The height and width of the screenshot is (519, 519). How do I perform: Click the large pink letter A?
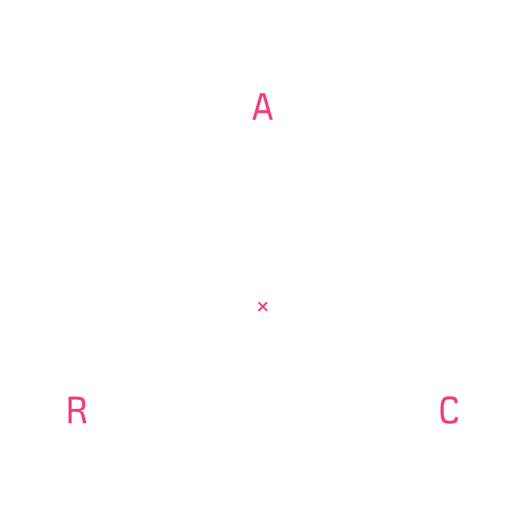pyautogui.click(x=262, y=107)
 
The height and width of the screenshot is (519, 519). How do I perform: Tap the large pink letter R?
pyautogui.click(x=76, y=411)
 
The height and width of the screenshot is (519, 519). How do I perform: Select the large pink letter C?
pyautogui.click(x=449, y=411)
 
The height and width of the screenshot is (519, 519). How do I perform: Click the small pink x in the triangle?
pyautogui.click(x=263, y=307)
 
